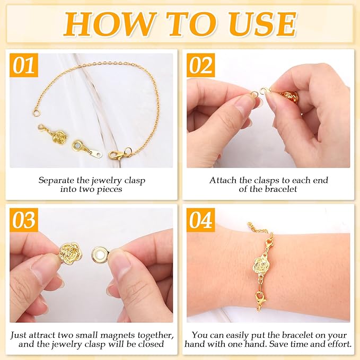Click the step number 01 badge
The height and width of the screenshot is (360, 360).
point(23,65)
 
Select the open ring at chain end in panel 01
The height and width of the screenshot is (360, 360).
point(36,112)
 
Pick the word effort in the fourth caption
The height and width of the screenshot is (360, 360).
point(337,344)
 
